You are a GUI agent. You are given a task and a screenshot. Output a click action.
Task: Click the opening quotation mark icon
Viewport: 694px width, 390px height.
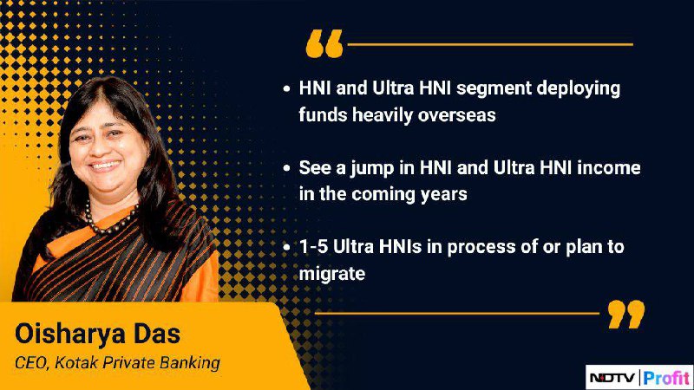tap(324, 43)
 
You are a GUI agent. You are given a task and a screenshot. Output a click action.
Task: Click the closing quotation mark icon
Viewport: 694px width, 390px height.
tap(626, 314)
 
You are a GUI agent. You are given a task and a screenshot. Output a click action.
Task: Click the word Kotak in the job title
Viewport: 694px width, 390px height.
tap(76, 362)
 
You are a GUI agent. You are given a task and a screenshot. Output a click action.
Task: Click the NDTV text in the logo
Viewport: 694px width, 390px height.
tap(612, 378)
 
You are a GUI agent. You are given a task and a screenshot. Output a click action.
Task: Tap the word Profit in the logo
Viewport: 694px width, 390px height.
tap(666, 378)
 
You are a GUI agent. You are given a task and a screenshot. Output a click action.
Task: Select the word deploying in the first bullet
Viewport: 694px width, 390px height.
tap(579, 89)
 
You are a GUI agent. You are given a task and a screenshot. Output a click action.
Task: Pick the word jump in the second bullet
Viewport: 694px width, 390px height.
tap(373, 169)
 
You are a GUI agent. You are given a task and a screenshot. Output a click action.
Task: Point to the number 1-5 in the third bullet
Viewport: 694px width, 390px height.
tap(313, 247)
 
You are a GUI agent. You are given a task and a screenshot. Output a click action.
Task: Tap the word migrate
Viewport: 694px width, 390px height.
tap(332, 274)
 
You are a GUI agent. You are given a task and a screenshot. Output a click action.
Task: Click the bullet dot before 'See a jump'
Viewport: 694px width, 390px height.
tap(287, 168)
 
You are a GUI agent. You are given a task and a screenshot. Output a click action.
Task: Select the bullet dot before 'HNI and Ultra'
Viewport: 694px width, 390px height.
tap(287, 89)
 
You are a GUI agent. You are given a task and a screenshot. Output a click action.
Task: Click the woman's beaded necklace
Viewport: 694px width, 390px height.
tap(109, 223)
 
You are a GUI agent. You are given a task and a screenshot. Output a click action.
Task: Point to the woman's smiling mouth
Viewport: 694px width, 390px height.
tap(104, 166)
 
